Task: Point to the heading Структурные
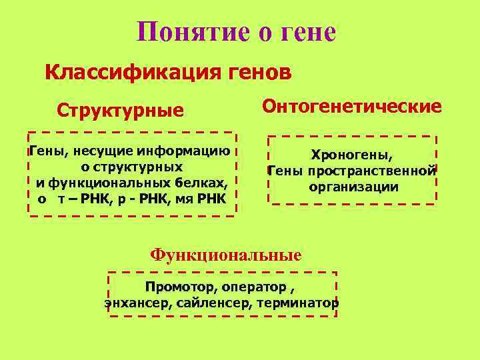pyautogui.click(x=120, y=109)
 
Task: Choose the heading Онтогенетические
pyautogui.click(x=352, y=106)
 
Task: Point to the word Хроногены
pyautogui.click(x=351, y=155)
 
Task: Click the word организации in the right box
pyautogui.click(x=353, y=187)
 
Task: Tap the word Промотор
pyautogui.click(x=175, y=287)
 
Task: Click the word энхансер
pyautogui.click(x=130, y=303)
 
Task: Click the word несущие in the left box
pyautogui.click(x=91, y=153)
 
